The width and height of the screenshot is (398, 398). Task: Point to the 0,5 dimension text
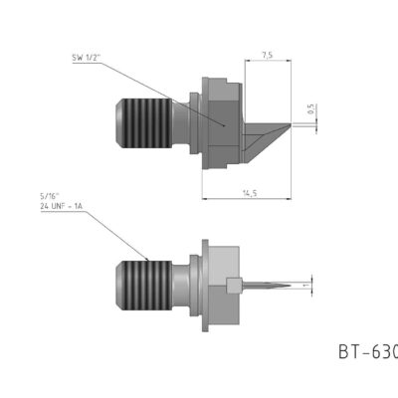(x=310, y=112)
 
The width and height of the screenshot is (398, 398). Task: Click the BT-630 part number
(x=367, y=351)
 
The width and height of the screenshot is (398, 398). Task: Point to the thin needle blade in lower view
(x=267, y=286)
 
